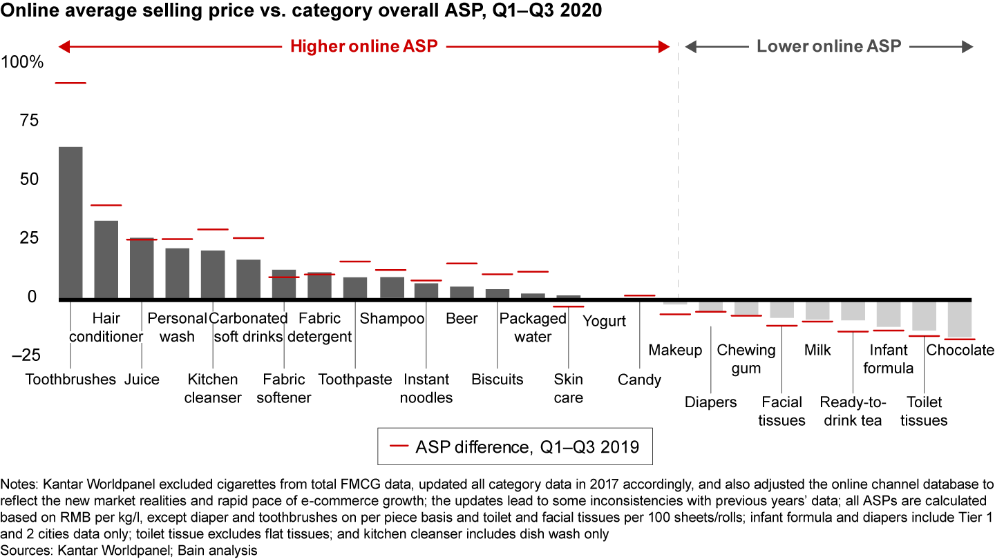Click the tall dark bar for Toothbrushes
coord(70,223)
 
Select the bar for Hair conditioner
coord(106,259)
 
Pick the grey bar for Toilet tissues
coord(924,315)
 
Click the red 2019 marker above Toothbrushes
coord(70,83)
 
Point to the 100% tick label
coord(23,62)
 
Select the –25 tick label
coord(23,355)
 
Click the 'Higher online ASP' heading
coord(364,47)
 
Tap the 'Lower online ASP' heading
coord(828,47)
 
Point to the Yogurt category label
coord(604,321)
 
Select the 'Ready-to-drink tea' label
coord(851,411)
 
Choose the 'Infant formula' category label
coord(889,359)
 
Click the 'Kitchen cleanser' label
coord(213,389)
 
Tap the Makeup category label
coord(675,350)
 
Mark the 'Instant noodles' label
coord(426,389)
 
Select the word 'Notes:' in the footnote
coord(19,484)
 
